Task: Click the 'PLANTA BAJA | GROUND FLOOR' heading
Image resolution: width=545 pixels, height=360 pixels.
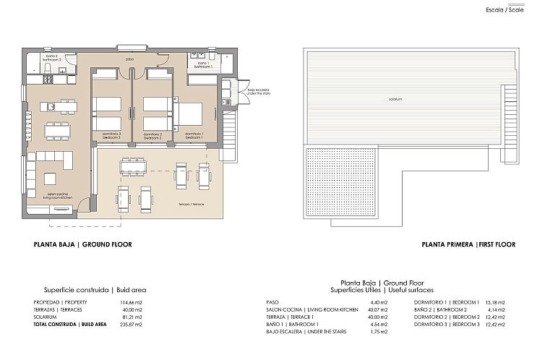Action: tap(82, 244)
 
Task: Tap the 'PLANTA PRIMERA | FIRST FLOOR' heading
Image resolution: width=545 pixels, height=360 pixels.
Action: tap(468, 244)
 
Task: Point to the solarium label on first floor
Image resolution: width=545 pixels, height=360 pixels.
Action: tap(395, 98)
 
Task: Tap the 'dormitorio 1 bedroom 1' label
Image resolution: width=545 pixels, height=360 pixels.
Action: tap(194, 135)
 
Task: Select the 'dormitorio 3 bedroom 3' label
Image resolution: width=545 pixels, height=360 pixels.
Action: tap(111, 135)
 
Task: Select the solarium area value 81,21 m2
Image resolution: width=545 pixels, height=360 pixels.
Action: tap(131, 317)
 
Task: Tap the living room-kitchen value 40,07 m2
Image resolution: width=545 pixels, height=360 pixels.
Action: tap(379, 309)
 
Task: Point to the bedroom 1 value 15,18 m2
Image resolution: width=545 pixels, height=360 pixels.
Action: tap(495, 301)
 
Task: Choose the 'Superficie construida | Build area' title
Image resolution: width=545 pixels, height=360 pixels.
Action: tap(95, 289)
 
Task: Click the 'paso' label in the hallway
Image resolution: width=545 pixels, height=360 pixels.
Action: tap(130, 59)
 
